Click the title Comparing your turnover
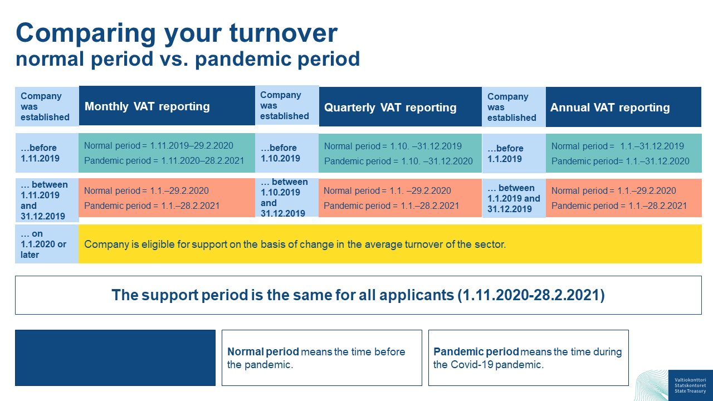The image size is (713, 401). click(x=177, y=33)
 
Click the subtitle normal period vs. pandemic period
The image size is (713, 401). click(x=188, y=59)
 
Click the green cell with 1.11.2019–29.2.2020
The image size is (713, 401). click(x=167, y=153)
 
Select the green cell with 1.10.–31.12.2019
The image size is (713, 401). click(x=400, y=153)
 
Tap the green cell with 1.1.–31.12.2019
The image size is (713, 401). click(x=623, y=153)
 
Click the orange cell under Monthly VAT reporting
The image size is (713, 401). click(x=167, y=198)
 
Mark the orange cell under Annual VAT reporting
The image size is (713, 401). click(x=623, y=198)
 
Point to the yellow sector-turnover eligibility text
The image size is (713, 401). click(x=295, y=244)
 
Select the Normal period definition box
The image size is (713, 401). click(x=322, y=358)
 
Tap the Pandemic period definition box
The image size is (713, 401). click(x=529, y=358)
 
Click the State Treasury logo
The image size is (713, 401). click(x=690, y=385)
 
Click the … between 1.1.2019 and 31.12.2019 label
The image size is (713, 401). click(x=514, y=198)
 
